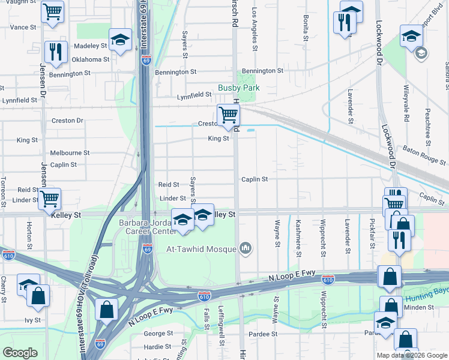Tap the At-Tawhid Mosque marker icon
point(245,248)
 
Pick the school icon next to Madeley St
point(121,39)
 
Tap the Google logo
point(20,353)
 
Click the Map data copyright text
point(411,355)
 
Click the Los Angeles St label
point(255,29)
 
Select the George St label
point(158,333)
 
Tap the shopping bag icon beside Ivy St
point(38,296)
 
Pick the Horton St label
point(28,236)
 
